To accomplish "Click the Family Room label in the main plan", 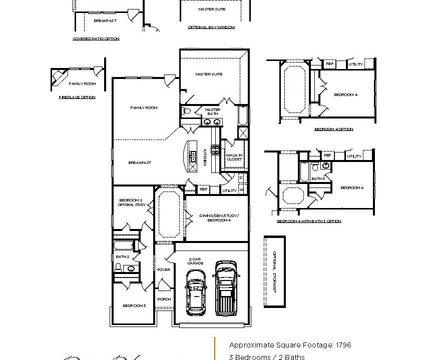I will [144, 107].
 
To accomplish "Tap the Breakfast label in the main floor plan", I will [140, 162].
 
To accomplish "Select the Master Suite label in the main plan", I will [209, 74].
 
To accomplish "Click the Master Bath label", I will [212, 111].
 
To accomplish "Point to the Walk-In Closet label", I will [234, 157].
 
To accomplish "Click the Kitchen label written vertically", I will [205, 156].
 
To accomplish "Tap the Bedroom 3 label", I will [134, 305].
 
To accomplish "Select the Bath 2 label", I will [123, 256].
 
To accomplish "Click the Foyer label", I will [164, 269].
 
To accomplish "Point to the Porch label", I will [164, 299].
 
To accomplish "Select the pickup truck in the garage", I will [226, 288].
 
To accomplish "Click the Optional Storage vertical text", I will [274, 271].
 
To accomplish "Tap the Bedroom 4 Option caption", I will [333, 129].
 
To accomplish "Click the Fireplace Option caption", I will [77, 97].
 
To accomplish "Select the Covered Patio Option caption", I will [96, 38].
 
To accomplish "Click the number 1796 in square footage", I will [343, 345].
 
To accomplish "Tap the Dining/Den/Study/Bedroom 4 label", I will [216, 217].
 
